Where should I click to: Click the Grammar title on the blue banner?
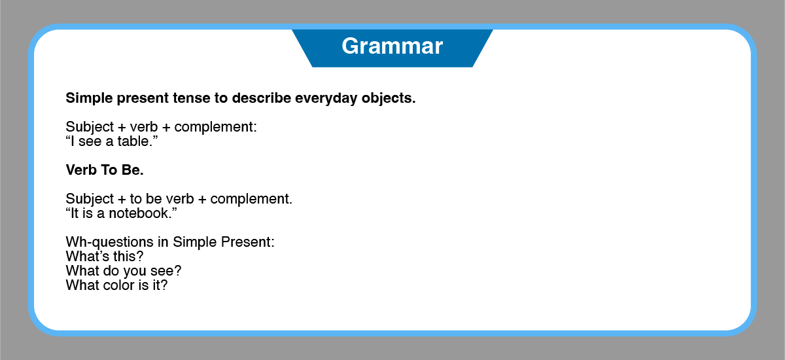[x=392, y=46]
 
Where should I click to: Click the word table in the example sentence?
[x=133, y=141]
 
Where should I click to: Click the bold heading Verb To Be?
[x=105, y=170]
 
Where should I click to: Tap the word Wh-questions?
[x=114, y=243]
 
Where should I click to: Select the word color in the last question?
[x=119, y=285]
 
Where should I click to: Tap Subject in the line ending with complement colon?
[x=90, y=128]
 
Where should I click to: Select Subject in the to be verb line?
[x=90, y=200]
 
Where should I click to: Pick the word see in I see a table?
[x=90, y=142]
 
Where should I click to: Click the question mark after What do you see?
[x=178, y=270]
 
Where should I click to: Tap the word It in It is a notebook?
[x=75, y=213]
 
